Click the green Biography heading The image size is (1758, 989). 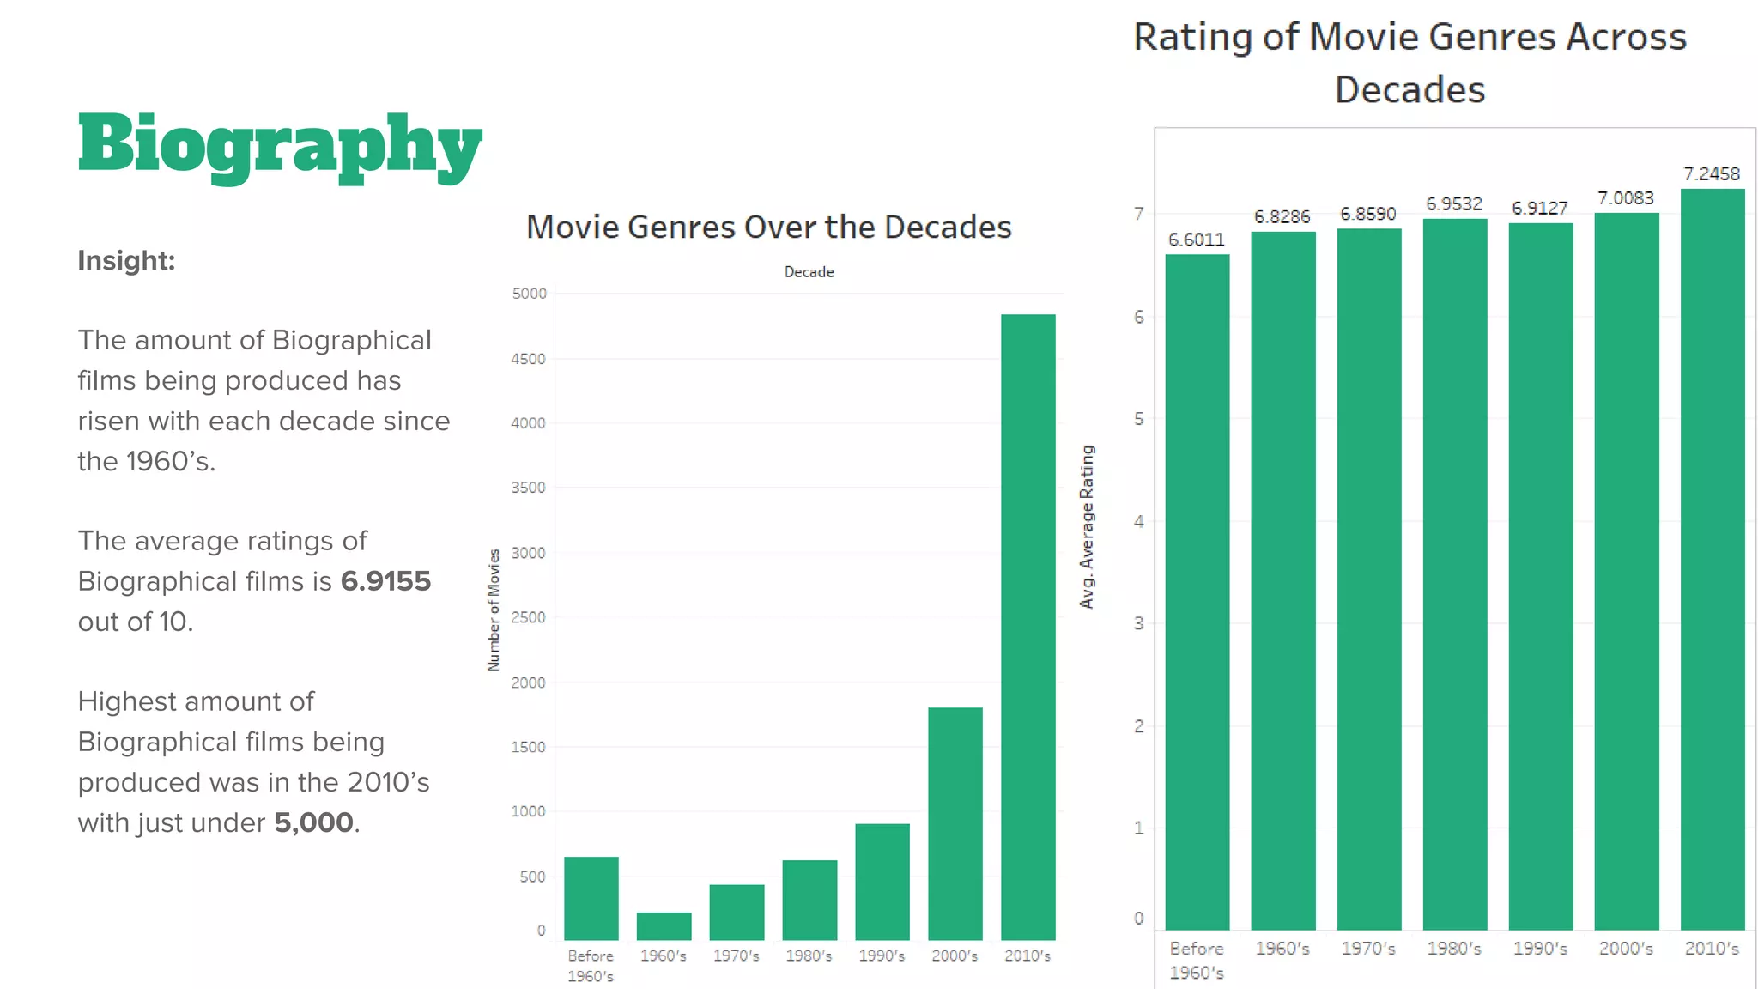click(280, 144)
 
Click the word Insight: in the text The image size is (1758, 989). click(126, 260)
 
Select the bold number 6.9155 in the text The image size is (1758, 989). click(385, 581)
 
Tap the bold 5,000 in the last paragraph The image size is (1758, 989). click(313, 822)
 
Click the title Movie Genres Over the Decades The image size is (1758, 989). click(768, 227)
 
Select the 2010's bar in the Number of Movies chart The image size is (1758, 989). click(1028, 627)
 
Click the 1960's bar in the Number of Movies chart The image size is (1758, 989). click(664, 925)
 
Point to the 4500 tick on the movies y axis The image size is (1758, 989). click(528, 359)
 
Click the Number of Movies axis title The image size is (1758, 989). click(494, 610)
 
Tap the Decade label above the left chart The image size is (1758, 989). click(809, 272)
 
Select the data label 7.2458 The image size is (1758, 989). click(1711, 174)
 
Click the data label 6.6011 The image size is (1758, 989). click(1196, 240)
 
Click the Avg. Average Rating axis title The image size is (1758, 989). click(1087, 527)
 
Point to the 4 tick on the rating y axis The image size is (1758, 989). click(1138, 521)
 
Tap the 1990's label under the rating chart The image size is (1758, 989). click(1539, 949)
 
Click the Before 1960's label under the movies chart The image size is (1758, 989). click(591, 966)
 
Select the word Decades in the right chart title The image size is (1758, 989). click(1409, 90)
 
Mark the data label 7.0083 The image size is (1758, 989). click(1625, 198)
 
